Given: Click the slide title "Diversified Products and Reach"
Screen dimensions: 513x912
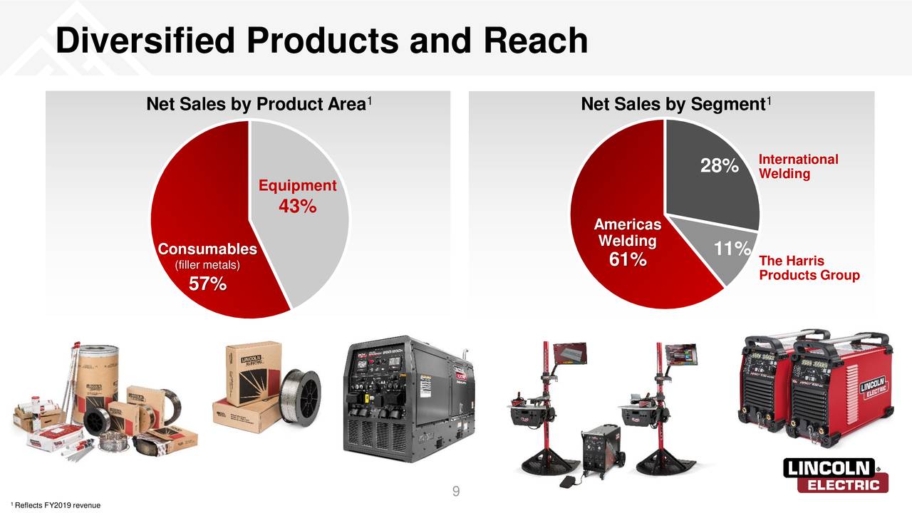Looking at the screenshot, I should [x=321, y=41].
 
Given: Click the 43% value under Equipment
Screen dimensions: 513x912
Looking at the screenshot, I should [x=297, y=207].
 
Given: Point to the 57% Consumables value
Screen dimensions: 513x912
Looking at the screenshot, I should [x=207, y=284].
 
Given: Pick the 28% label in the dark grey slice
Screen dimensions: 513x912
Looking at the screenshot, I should [x=719, y=167].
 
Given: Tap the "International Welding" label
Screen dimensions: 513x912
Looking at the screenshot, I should [x=798, y=167].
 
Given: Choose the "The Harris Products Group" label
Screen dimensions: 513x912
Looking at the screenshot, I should [x=809, y=268].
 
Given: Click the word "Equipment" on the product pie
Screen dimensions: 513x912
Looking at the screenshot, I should [x=297, y=186].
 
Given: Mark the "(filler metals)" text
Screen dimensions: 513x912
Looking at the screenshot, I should [x=207, y=266].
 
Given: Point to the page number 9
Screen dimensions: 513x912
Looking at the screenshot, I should [x=456, y=491].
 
